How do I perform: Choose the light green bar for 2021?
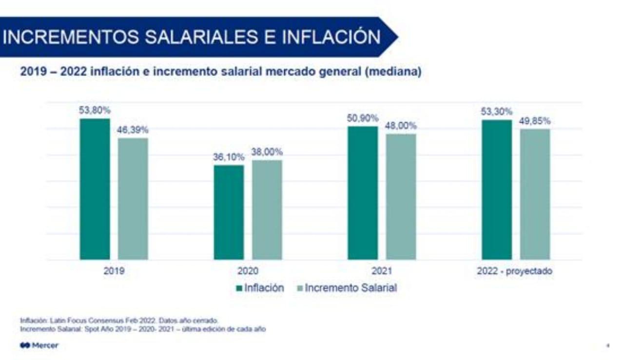click(x=401, y=197)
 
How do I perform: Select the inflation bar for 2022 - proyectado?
click(x=497, y=189)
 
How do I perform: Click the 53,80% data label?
click(x=95, y=110)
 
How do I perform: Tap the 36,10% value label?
click(x=228, y=157)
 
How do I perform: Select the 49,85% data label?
click(x=535, y=121)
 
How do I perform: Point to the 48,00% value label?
click(x=401, y=126)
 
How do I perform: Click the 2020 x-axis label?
click(x=248, y=271)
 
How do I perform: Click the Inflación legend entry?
click(x=260, y=288)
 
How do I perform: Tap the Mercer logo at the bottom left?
click(x=39, y=345)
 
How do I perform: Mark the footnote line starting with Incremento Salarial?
click(x=143, y=329)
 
